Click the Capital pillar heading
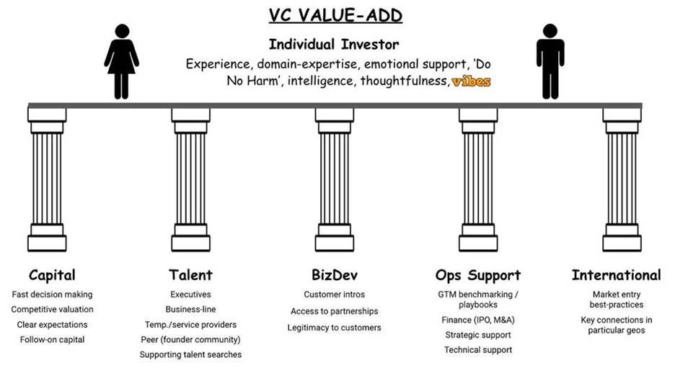coord(52,275)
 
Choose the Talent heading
coord(190,275)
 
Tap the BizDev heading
coord(334,275)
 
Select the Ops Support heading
coord(477,275)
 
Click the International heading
coord(616,275)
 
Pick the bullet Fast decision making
coord(52,295)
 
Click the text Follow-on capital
coord(52,340)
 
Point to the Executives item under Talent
coord(190,295)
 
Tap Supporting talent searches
coord(190,354)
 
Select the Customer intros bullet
coord(334,295)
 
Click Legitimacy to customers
coord(335,328)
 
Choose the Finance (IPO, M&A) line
coord(477,320)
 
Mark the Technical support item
coord(477,350)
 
